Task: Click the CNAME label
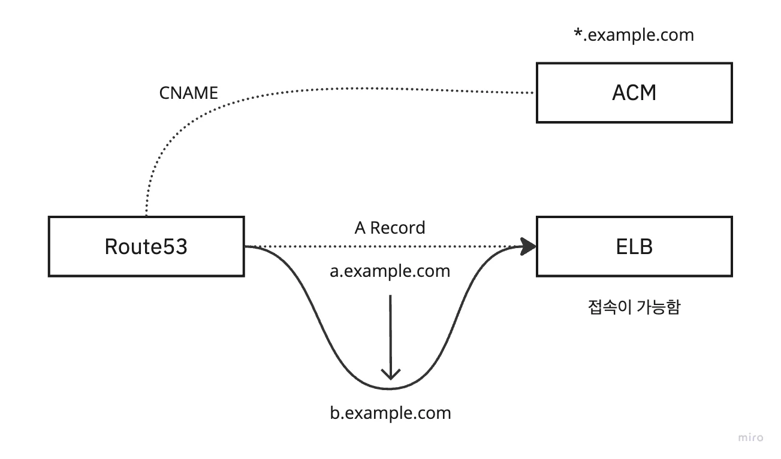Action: click(x=189, y=93)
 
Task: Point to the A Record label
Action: click(x=390, y=228)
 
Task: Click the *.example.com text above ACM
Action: click(x=634, y=35)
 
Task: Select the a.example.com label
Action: click(x=390, y=271)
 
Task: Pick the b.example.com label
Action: click(x=390, y=413)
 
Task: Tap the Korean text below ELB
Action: click(x=634, y=307)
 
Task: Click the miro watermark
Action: click(x=751, y=437)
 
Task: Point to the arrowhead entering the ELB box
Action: click(x=529, y=246)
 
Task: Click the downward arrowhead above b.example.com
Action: click(x=391, y=374)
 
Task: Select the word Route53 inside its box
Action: click(x=146, y=247)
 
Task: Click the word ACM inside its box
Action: click(x=634, y=93)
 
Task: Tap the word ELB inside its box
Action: click(x=634, y=247)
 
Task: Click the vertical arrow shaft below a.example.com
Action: click(x=391, y=330)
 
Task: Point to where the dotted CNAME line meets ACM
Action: click(x=535, y=93)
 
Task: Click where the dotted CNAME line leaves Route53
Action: click(x=146, y=215)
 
